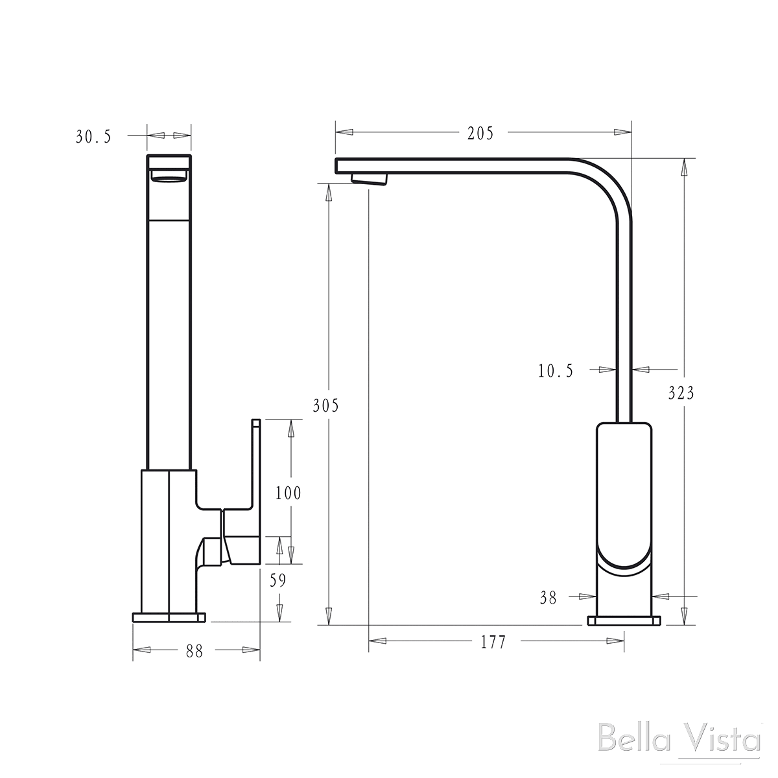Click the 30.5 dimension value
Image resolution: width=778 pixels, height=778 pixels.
(94, 137)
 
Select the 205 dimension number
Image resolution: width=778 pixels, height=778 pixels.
(480, 134)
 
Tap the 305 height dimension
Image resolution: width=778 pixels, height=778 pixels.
(325, 407)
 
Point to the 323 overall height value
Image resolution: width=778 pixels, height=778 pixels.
(681, 393)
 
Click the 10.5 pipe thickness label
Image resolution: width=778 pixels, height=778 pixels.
(556, 371)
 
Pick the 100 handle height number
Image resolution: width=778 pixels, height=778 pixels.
(288, 493)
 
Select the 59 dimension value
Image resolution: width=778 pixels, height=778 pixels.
(277, 581)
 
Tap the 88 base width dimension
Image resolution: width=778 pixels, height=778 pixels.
(194, 652)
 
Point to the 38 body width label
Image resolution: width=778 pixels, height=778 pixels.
(548, 598)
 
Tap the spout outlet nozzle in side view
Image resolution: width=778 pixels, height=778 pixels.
(368, 179)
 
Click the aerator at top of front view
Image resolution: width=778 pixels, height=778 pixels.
(169, 178)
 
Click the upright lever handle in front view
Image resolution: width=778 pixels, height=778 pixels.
(255, 460)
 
